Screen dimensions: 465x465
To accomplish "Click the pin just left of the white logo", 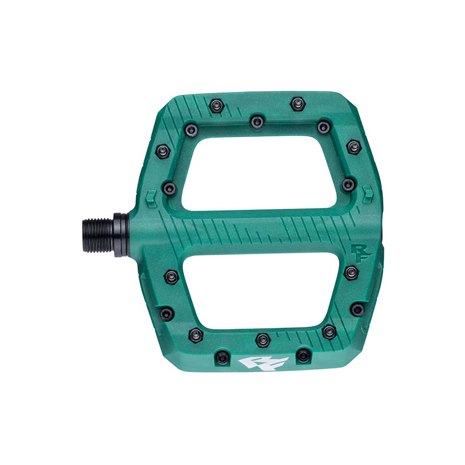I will pos(222,356).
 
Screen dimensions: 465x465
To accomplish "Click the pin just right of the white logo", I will pos(304,355).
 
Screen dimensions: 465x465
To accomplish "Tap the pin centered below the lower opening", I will pos(263,339).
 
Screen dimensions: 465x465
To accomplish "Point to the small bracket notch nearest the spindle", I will pos(151,196).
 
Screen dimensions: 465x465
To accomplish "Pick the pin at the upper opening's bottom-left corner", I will pos(169,188).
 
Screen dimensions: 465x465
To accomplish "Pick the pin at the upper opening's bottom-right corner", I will pos(349,184).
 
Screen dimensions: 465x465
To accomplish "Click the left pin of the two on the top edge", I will pos(216,106).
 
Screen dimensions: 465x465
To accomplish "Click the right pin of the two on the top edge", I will pos(296,103).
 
